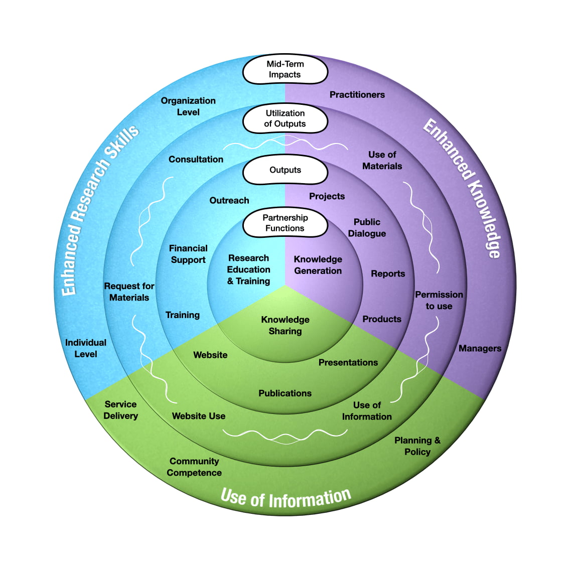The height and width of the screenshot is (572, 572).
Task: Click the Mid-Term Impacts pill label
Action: point(285,70)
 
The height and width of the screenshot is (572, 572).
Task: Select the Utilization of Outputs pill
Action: point(285,119)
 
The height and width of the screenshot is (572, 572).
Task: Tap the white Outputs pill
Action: point(285,170)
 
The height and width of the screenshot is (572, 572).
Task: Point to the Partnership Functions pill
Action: point(285,223)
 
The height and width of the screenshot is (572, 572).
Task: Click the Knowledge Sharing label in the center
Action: point(285,325)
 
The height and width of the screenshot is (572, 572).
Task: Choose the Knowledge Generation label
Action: point(318,265)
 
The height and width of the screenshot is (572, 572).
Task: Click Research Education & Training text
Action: point(248,269)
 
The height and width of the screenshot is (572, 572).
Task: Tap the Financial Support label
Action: point(188,254)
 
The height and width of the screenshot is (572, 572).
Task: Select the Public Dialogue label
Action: point(367,228)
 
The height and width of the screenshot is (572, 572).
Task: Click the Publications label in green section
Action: point(285,393)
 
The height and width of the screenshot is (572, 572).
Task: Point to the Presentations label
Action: point(348,362)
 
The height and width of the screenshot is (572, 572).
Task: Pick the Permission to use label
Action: point(439,300)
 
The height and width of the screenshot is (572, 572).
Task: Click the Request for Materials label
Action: point(129,292)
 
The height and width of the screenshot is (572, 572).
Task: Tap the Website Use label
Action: point(199,416)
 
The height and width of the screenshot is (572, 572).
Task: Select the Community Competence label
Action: point(194,467)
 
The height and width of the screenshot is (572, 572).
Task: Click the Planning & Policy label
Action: point(417,446)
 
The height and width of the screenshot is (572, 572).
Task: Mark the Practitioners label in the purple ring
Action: point(357,95)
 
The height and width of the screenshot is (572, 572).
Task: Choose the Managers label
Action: point(480,348)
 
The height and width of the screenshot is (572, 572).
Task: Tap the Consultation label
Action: point(196,160)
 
